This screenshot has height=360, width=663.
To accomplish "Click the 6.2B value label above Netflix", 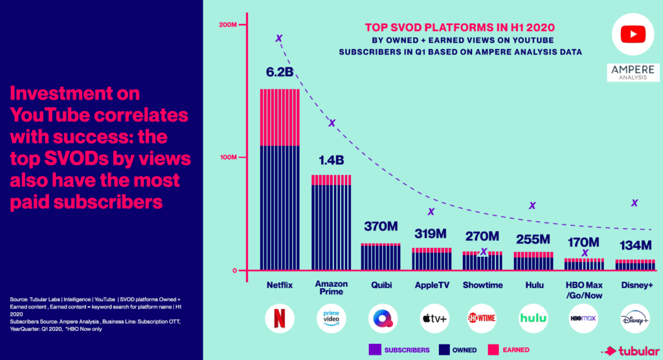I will (x=279, y=71).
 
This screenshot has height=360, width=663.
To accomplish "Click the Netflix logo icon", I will (x=279, y=318).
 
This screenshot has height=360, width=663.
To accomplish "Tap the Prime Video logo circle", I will (x=332, y=318).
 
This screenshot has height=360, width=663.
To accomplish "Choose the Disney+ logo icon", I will (x=635, y=318).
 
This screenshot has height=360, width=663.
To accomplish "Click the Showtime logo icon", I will (x=482, y=318).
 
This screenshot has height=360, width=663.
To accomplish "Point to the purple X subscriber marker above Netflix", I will (x=279, y=38).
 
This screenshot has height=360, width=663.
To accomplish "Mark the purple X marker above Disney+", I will (x=635, y=203).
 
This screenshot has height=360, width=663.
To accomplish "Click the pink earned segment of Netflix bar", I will (x=279, y=117).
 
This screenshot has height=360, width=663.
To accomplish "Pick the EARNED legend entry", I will (x=508, y=350).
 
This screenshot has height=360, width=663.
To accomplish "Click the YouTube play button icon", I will (x=633, y=33).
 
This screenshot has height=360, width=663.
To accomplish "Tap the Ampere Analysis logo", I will (x=633, y=73).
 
